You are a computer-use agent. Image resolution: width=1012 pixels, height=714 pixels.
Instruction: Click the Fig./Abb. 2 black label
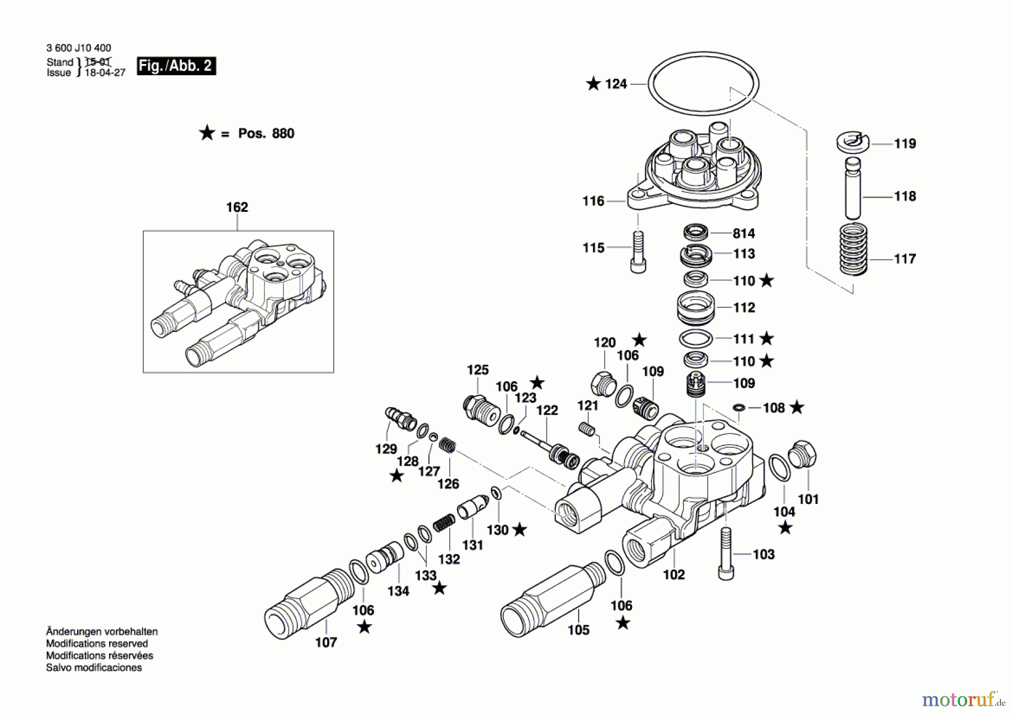click(176, 66)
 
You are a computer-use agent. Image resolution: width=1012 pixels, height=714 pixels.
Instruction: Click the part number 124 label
click(616, 84)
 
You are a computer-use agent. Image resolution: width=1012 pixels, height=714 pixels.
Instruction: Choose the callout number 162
click(237, 207)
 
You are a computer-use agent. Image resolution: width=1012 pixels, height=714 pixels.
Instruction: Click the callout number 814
click(743, 233)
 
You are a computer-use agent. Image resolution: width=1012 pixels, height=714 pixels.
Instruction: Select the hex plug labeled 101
click(802, 454)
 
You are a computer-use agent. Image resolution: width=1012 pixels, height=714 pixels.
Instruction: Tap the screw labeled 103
click(726, 553)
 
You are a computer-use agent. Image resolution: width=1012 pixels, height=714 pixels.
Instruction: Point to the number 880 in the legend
click(283, 134)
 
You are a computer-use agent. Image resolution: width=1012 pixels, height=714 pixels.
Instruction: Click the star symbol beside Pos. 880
click(206, 133)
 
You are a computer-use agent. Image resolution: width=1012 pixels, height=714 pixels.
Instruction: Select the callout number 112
click(744, 308)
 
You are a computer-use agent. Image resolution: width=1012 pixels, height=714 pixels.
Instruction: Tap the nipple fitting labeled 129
click(400, 419)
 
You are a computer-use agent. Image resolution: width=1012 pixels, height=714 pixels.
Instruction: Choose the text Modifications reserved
click(97, 644)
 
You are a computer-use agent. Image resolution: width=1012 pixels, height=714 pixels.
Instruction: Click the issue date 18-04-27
click(105, 73)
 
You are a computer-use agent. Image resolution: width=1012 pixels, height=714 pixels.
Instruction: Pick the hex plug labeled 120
click(602, 383)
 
